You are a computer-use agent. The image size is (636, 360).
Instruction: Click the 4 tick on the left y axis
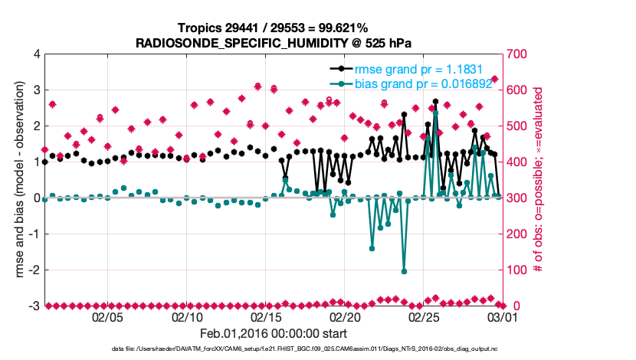36,54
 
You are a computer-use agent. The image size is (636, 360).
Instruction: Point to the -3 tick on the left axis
34,306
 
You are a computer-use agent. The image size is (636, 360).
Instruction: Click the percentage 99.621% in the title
343,28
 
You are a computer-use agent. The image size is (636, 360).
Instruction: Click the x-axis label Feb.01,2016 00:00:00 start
274,333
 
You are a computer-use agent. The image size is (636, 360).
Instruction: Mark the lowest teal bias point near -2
404,271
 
